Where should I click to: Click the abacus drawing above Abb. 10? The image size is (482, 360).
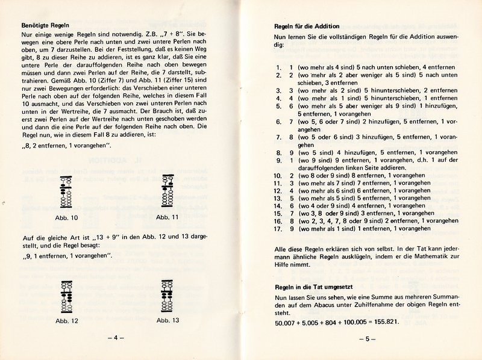[x=66, y=196]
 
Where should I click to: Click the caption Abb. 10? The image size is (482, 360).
[x=66, y=217]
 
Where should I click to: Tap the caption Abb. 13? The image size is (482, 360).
[x=167, y=320]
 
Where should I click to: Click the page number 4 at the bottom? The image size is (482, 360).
[x=116, y=338]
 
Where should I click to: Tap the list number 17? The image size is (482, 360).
[x=278, y=229]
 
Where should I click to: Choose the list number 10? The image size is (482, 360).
[x=278, y=174]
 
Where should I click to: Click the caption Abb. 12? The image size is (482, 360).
[x=66, y=320]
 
